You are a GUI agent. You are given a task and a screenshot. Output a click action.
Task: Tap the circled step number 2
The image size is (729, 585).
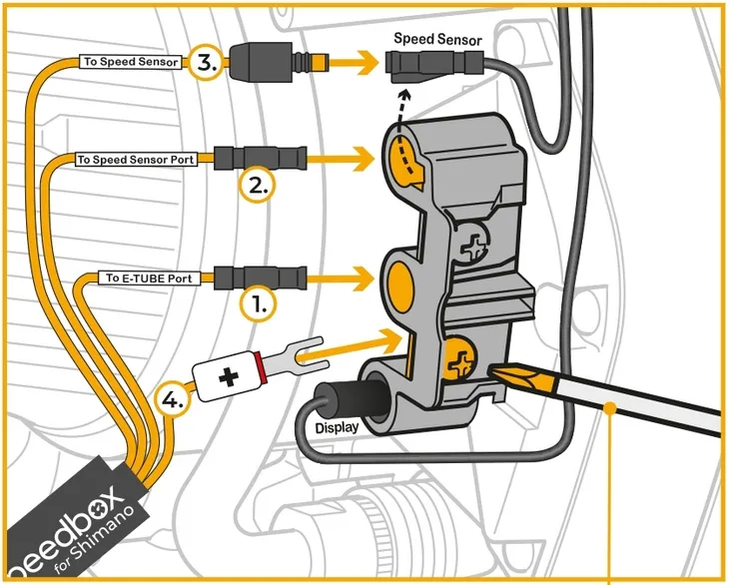(258, 185)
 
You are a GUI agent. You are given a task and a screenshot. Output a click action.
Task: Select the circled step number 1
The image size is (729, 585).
(258, 303)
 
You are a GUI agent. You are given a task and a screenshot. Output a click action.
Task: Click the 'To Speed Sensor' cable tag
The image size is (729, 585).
(131, 62)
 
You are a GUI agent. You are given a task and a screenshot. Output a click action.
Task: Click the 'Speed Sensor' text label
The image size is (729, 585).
(437, 40)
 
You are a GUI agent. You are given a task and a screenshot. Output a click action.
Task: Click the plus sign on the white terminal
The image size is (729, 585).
(230, 378)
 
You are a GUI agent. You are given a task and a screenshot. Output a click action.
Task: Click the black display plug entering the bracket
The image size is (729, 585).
(344, 396)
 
